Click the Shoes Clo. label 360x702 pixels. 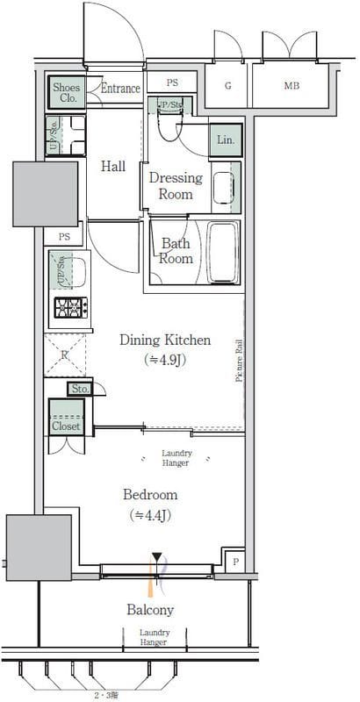67,92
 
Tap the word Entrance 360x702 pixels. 120,89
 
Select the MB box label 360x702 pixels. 290,86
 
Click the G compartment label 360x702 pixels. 227,86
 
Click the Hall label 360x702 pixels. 112,166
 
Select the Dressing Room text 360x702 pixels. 175,185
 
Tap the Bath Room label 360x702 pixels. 176,251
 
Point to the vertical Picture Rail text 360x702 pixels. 238,361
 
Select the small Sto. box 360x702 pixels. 79,389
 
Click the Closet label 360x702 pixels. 65,426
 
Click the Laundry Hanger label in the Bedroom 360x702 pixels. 176,457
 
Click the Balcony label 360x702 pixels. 150,610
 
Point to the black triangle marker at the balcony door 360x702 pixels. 156,557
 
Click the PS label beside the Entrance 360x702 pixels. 172,82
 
